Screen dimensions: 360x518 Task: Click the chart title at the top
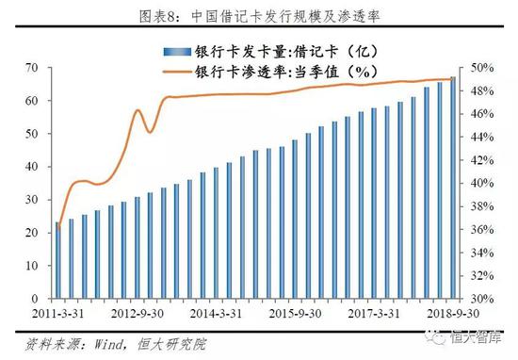click(x=259, y=14)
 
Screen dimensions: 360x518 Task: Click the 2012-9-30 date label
click(x=138, y=313)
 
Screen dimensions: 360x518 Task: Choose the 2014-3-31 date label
click(x=217, y=313)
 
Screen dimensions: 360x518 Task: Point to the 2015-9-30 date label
click(x=297, y=313)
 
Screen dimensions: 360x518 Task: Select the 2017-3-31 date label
click(x=376, y=313)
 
